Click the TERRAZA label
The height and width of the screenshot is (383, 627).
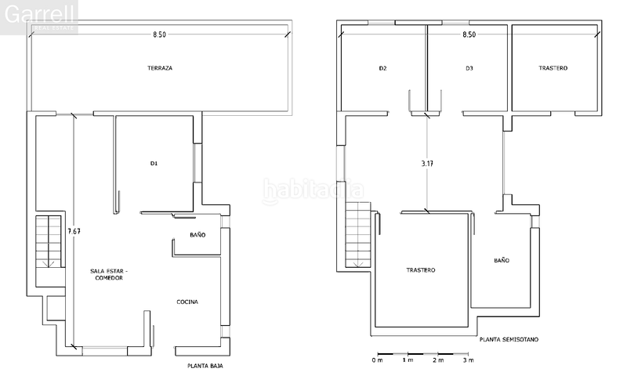coord(159,68)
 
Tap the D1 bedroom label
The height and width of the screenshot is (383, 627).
coord(154,164)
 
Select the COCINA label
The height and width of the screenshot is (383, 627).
coord(187,302)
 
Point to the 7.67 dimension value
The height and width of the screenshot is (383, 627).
coord(74,231)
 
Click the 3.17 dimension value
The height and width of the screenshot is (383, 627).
coord(427,164)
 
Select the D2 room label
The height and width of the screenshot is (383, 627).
coord(382,68)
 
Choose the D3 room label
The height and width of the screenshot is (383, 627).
coord(469,68)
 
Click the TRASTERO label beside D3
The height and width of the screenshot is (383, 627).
coord(553,68)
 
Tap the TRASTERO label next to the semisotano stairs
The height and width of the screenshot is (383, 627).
coord(421,270)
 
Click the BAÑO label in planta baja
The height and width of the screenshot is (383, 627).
coord(198,235)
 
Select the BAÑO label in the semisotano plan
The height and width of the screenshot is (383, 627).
coord(502,260)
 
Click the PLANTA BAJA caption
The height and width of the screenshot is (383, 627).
coord(202,366)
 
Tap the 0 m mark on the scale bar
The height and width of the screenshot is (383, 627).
coord(377,360)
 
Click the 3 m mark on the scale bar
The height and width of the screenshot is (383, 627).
coord(468,360)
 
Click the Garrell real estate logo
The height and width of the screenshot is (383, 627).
coord(39,16)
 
